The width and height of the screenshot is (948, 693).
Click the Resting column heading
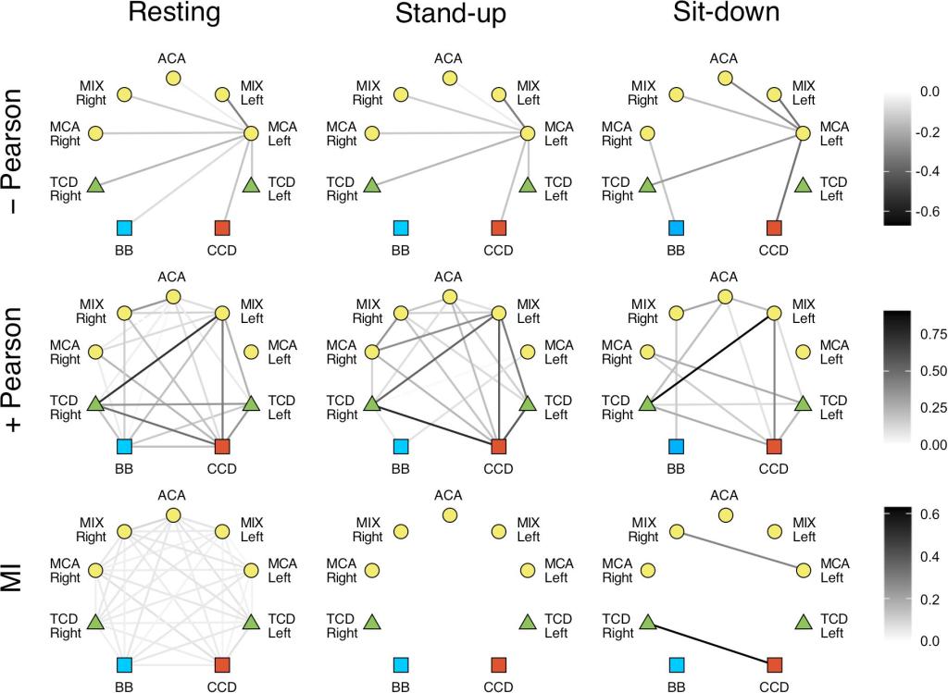click(173, 14)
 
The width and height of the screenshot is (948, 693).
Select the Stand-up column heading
click(450, 14)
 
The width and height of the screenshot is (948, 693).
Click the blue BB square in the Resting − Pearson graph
click(124, 228)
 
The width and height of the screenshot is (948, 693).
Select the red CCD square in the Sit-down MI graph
click(775, 664)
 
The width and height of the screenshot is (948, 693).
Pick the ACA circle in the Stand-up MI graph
click(450, 514)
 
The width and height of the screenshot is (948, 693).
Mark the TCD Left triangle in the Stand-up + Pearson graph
click(528, 404)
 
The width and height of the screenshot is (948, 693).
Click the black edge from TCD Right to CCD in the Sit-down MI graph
click(711, 644)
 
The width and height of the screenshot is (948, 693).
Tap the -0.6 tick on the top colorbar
click(928, 211)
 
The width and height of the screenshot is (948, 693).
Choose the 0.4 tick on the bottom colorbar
click(928, 556)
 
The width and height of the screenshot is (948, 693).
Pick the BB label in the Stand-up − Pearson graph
click(400, 251)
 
